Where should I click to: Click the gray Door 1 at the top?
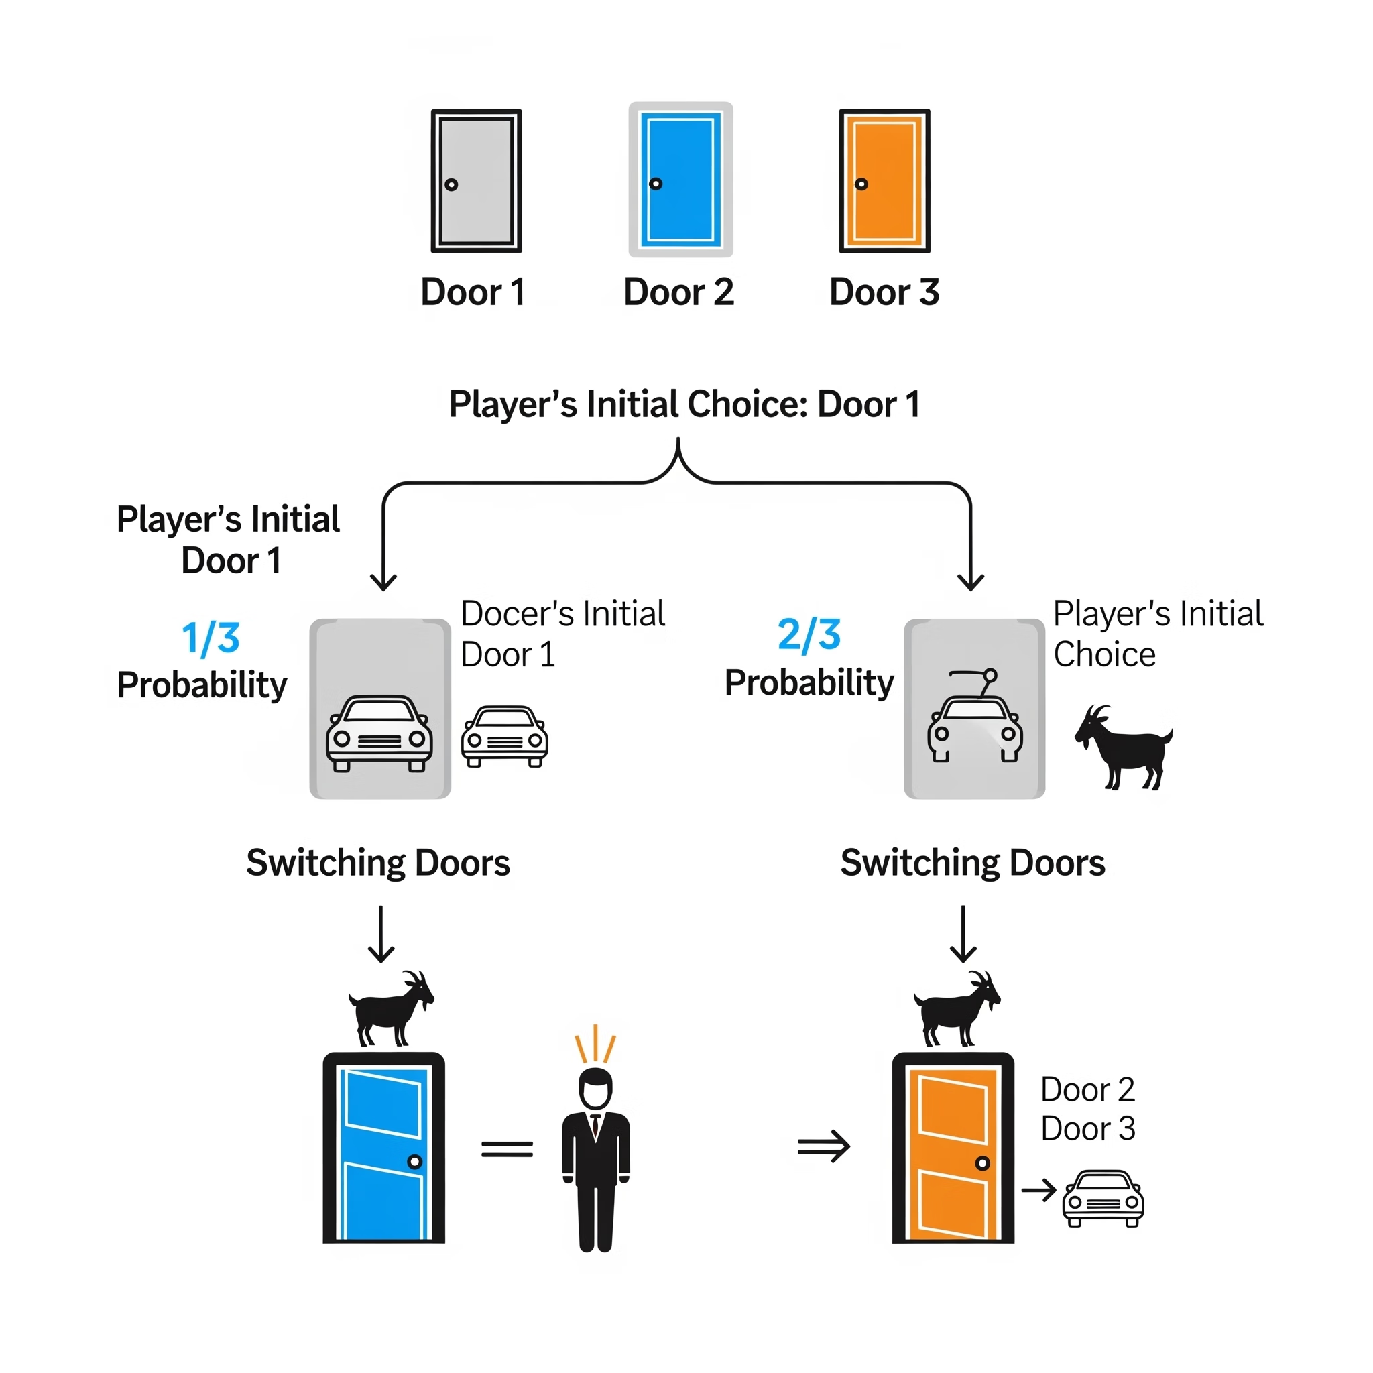[476, 180]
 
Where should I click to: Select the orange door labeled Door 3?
[884, 180]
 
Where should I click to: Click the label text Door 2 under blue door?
[678, 292]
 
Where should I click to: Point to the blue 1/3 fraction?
[211, 638]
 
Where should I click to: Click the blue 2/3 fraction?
[809, 634]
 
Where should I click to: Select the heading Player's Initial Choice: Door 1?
[684, 404]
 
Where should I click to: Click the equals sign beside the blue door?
[507, 1149]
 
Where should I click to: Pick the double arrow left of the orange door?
[824, 1146]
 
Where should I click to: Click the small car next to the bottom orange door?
[1102, 1198]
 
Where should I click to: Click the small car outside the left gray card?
[505, 735]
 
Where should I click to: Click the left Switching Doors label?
[378, 863]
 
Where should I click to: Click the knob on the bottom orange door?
[982, 1163]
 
